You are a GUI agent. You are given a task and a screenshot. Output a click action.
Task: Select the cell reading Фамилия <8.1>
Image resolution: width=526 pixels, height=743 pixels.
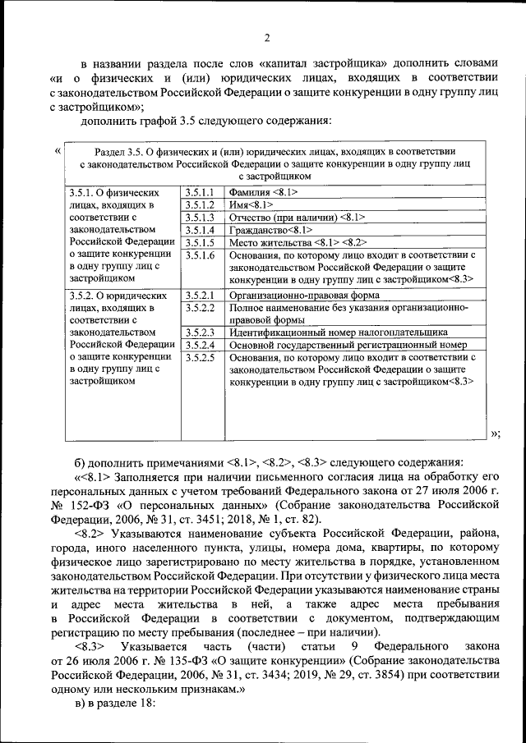[x=263, y=191]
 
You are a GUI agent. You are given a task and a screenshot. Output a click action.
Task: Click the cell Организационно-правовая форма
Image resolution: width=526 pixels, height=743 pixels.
[x=304, y=294]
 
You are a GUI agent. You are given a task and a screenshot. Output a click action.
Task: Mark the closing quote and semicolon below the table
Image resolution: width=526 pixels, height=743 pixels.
[x=495, y=433]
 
